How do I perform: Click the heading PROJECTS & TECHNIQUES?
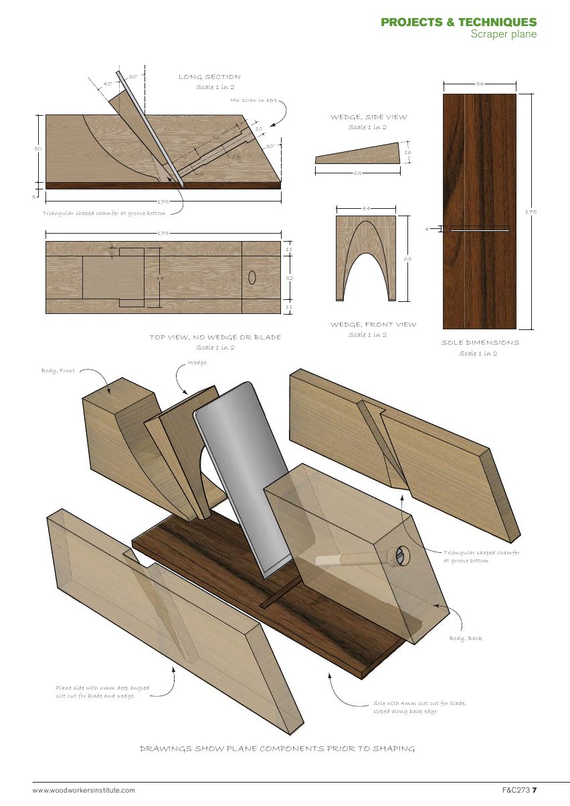(458, 22)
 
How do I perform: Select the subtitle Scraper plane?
(503, 34)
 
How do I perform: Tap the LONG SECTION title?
(209, 77)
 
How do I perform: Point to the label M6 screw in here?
(254, 100)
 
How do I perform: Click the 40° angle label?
(108, 84)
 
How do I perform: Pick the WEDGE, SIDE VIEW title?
(368, 117)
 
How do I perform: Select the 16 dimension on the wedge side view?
(407, 153)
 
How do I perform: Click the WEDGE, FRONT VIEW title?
(373, 325)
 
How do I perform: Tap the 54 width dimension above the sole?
(479, 84)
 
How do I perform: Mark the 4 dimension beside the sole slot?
(427, 230)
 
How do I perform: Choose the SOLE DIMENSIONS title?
(479, 343)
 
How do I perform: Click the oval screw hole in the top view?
(252, 277)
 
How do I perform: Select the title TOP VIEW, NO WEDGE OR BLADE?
(215, 337)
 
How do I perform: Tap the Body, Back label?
(465, 639)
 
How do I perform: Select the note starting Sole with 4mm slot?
(419, 707)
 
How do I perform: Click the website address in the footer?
(84, 791)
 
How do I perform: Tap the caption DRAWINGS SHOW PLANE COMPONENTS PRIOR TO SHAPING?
(277, 748)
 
